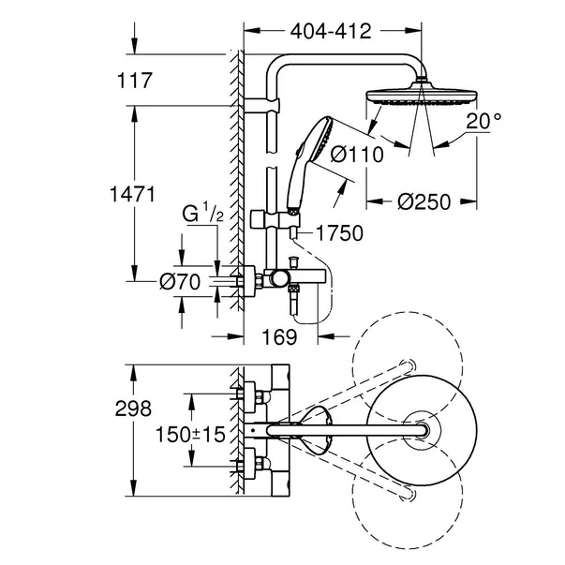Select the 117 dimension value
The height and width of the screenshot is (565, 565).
(x=136, y=82)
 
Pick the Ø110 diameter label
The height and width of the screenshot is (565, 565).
(x=357, y=154)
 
